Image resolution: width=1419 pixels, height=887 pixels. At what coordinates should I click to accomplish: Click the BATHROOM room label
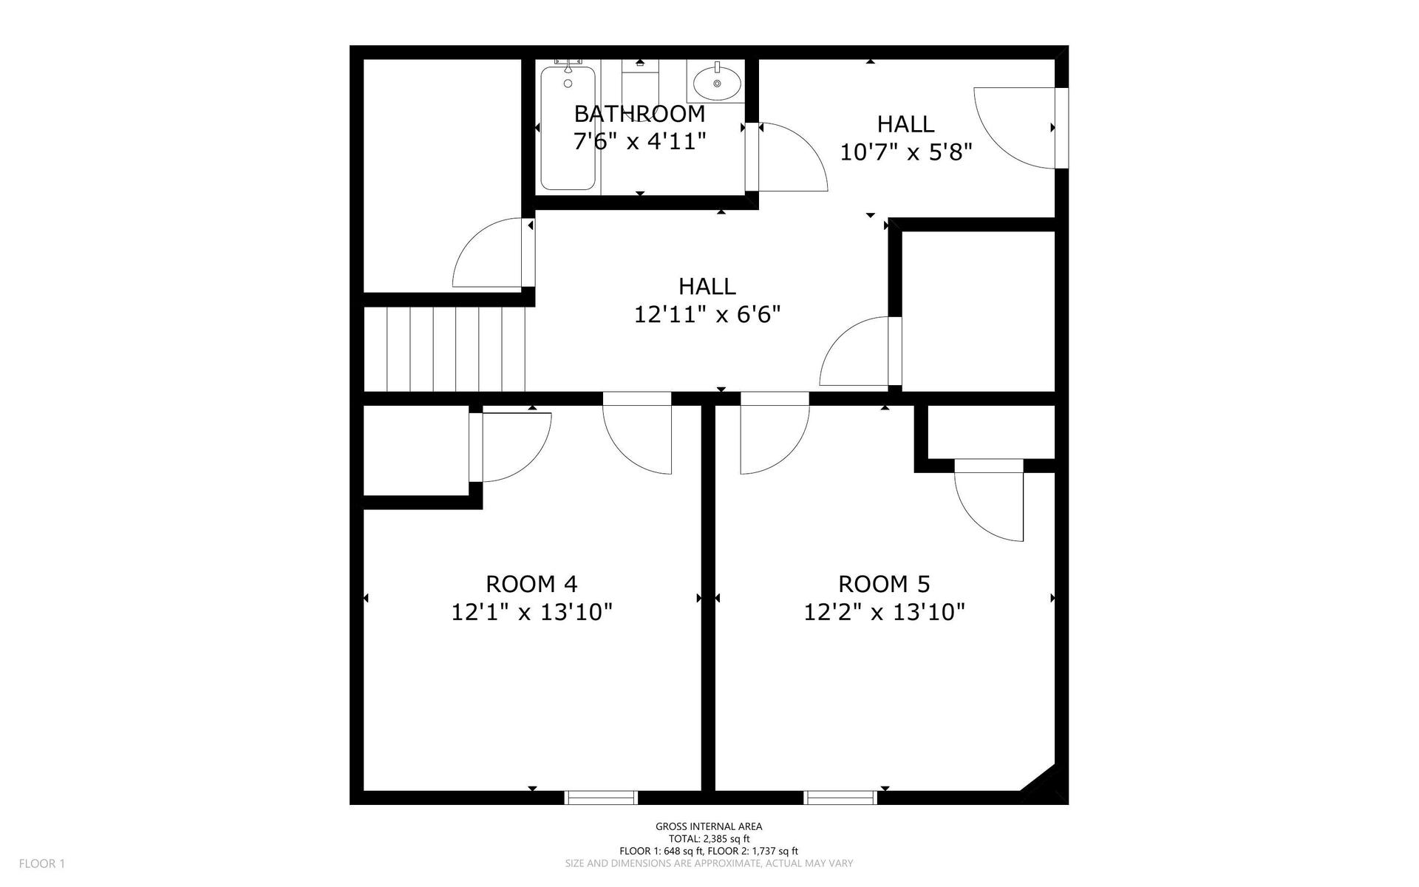639,114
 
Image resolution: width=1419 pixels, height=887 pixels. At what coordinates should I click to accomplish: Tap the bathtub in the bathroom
568,128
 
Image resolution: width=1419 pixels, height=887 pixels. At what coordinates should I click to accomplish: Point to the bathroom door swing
789,157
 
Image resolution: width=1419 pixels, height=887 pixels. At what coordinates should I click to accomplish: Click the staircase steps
444,349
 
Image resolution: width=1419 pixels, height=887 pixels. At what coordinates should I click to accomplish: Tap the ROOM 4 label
531,584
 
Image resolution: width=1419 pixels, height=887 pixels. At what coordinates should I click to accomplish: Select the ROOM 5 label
884,584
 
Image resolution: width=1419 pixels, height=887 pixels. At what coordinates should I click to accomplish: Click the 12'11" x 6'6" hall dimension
707,315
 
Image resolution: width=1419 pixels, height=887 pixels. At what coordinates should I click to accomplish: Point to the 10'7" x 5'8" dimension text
905,152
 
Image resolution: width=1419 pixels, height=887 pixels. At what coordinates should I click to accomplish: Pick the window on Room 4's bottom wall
601,798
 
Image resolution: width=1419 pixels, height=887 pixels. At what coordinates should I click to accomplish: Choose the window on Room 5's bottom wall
840,798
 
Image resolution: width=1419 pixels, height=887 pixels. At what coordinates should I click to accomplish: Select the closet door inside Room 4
510,447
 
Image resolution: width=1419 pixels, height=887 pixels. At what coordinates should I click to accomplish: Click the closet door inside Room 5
989,500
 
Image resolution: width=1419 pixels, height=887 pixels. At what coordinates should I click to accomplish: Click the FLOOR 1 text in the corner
42,863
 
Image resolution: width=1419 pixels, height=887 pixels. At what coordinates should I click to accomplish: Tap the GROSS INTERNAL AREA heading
709,827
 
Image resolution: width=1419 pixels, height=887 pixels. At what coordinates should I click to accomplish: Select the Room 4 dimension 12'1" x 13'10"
532,612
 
